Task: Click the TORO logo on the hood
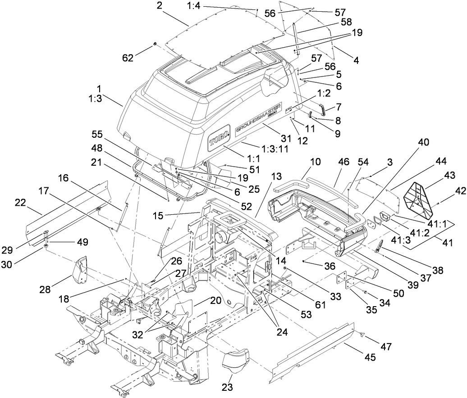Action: point(218,141)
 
